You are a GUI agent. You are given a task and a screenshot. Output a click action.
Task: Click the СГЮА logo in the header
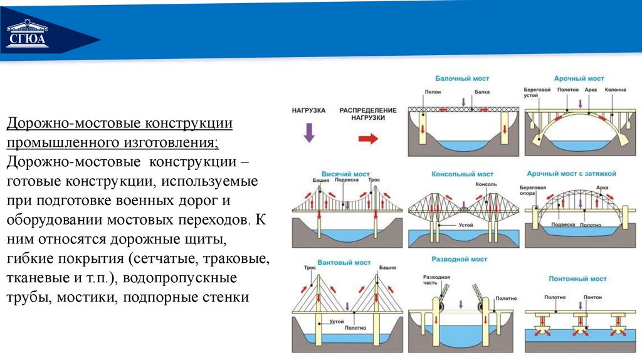click(27, 38)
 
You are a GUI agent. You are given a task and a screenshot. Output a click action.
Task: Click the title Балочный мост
click(462, 78)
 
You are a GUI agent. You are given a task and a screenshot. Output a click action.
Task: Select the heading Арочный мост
click(579, 78)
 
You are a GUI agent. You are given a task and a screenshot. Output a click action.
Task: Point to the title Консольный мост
click(463, 174)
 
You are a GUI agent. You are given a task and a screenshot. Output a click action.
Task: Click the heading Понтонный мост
click(579, 278)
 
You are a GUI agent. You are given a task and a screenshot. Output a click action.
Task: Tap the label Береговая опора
click(533, 191)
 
